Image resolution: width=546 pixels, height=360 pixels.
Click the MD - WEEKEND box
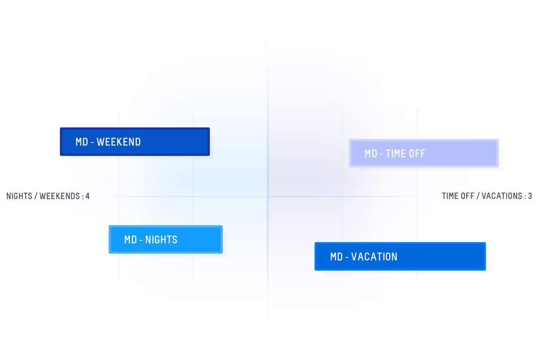click(135, 142)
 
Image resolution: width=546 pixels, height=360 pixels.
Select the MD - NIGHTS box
click(165, 239)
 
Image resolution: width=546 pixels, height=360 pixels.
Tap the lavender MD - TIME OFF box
click(423, 153)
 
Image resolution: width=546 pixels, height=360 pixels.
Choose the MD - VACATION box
click(400, 256)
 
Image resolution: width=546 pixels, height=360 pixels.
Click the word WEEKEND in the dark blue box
click(119, 142)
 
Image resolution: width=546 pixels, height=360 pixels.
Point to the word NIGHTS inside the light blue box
click(161, 240)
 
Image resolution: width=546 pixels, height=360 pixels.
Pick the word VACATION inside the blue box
click(374, 257)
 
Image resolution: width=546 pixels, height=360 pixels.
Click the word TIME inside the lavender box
click(396, 154)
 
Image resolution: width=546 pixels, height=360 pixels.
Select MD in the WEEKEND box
click(82, 142)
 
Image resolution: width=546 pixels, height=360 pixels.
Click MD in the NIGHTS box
click(130, 240)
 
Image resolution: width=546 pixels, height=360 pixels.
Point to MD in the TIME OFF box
click(371, 154)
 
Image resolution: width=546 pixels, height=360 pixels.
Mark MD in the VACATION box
click(336, 257)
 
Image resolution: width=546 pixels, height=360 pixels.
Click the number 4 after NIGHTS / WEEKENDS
click(88, 197)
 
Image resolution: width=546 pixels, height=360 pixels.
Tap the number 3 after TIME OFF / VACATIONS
click(530, 196)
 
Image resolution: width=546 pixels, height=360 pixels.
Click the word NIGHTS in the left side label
click(19, 197)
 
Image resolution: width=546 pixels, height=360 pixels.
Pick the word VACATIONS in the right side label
click(502, 196)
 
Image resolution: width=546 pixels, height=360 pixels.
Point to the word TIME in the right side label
click(450, 196)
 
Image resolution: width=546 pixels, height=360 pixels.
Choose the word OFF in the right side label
click(468, 196)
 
